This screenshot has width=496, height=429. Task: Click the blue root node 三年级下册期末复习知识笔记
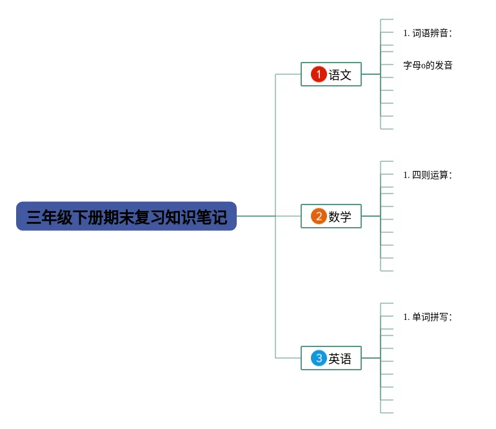126,216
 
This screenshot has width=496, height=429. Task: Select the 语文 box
331,74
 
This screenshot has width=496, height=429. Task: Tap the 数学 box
331,216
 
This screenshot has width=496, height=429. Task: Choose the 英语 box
331,358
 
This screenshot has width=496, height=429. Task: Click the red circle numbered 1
319,74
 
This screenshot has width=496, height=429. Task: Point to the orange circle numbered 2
319,216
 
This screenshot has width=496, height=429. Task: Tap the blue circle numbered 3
319,358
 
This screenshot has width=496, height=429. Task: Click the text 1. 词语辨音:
428,33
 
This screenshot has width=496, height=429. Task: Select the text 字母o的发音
428,65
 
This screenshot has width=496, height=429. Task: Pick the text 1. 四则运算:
428,175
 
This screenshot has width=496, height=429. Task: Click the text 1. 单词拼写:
428,317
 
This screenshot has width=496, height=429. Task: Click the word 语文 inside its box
340,75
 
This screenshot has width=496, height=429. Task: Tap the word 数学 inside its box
340,217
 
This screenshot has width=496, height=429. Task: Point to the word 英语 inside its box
340,359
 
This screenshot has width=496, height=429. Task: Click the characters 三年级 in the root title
49,217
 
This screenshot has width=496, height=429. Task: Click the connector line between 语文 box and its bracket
371,74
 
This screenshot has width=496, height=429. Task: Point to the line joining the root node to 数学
268,216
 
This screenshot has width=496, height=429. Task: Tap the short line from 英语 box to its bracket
371,358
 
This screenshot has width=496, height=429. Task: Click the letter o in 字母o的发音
423,66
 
